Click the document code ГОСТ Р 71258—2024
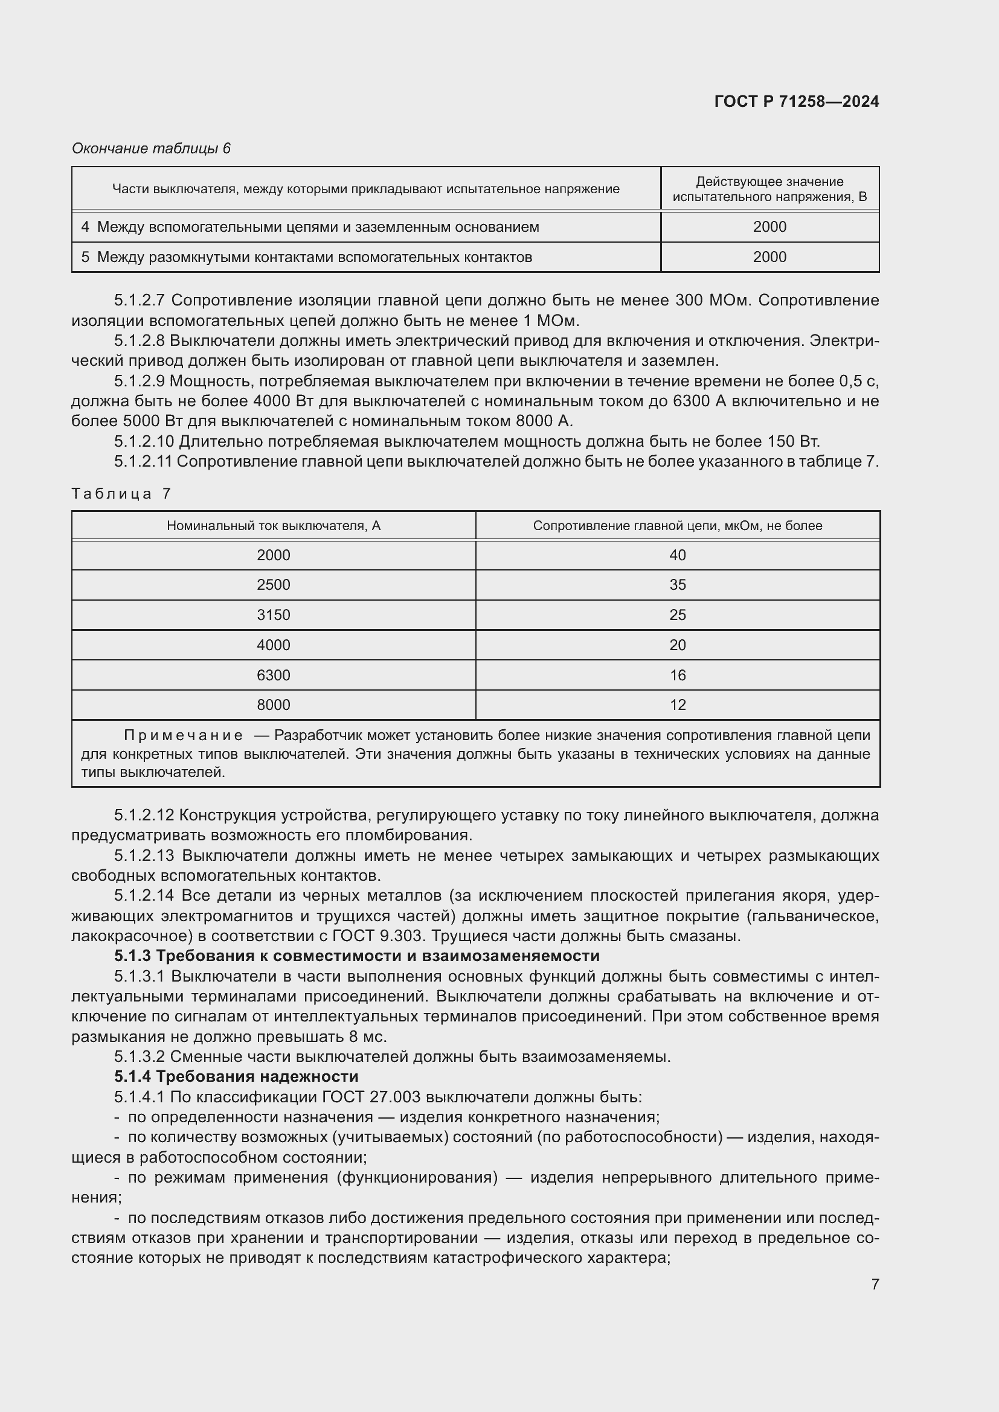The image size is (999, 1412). pos(796,101)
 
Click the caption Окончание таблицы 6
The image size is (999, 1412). pos(151,149)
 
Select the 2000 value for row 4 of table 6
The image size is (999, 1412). pos(769,227)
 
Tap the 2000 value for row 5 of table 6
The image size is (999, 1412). pos(769,257)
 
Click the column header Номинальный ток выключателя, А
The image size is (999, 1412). pos(273,526)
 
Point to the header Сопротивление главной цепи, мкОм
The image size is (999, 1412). pos(676,526)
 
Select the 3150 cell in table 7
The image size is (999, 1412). pos(273,615)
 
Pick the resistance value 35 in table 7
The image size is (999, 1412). pos(677,585)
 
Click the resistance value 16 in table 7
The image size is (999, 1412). pos(677,676)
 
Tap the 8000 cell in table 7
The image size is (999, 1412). pos(273,704)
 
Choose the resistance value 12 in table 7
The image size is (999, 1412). pos(677,704)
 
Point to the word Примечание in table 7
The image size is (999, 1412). pos(184,735)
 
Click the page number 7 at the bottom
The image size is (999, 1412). pos(875,1284)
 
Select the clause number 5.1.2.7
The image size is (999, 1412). pos(140,301)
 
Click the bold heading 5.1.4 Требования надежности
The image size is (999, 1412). pos(236,1077)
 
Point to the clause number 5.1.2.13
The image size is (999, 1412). pos(144,855)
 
